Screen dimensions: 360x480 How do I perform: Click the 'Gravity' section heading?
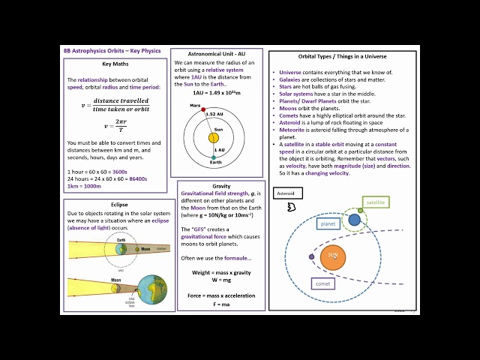pos(220,185)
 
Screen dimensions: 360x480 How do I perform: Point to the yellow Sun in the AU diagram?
pos(214,138)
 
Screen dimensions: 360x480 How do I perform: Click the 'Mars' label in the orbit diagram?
pos(195,106)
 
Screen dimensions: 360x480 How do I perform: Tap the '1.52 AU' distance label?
pos(214,114)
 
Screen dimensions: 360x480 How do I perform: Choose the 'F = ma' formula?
pos(220,304)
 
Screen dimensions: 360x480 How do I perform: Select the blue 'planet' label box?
pos(328,223)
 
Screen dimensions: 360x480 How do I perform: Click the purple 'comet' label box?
pos(324,284)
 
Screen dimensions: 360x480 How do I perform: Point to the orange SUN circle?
pos(332,257)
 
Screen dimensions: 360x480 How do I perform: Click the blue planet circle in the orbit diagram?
pos(354,220)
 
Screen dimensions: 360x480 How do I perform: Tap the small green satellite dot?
pos(361,210)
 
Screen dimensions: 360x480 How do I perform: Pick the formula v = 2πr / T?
pos(115,127)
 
